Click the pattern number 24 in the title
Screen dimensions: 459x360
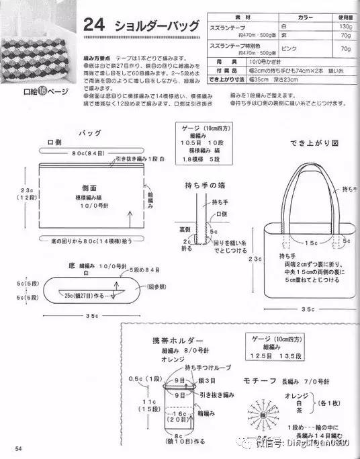click(93, 26)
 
